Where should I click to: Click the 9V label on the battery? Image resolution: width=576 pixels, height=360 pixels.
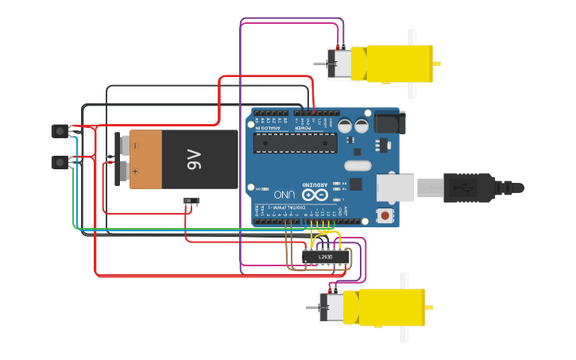(x=195, y=160)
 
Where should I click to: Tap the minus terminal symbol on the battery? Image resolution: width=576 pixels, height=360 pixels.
(x=136, y=145)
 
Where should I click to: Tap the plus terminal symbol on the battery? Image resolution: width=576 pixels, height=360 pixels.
(x=136, y=171)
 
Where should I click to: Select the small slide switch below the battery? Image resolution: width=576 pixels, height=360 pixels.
(x=191, y=201)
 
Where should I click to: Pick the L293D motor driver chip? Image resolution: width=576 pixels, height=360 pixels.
(x=326, y=257)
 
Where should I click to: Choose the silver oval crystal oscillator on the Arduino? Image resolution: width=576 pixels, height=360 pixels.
(x=358, y=166)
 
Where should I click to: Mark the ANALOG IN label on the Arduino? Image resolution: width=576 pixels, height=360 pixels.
(x=269, y=127)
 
